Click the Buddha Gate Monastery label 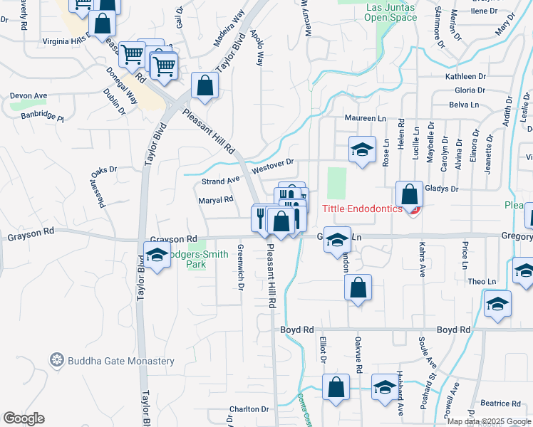coord(121,361)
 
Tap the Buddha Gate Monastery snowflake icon coord(56,361)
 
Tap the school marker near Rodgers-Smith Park coord(157,254)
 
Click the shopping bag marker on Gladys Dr coord(410,194)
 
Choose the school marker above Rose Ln coord(362,149)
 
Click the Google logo coord(24,418)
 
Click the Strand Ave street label coord(219,181)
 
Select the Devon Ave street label coord(29,95)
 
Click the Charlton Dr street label coord(249,409)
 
